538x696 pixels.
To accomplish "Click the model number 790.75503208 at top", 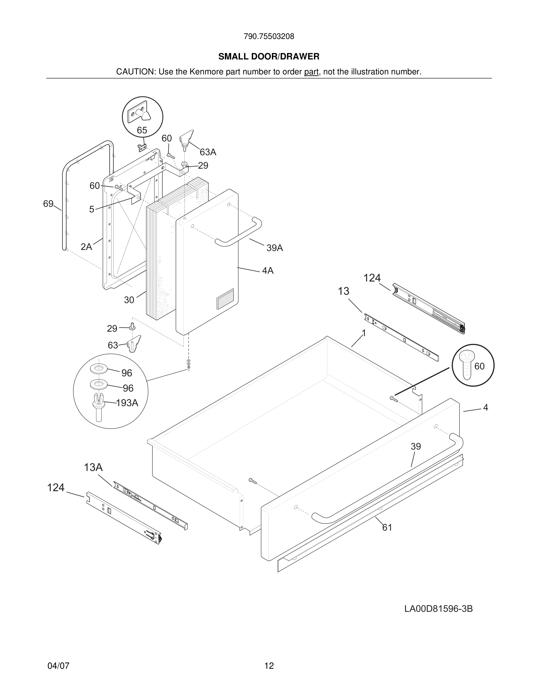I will (269, 37).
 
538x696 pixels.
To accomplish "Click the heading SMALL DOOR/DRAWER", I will (269, 57).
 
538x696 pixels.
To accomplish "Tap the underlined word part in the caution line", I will (311, 72).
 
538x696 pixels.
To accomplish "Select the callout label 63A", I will (208, 152).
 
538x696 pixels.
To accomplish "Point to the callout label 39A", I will (275, 248).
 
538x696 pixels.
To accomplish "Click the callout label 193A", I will (127, 403).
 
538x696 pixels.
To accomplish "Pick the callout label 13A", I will (93, 468).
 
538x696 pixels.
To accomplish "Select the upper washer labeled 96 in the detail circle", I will (99, 369).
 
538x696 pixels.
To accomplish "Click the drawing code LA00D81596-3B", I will (438, 609).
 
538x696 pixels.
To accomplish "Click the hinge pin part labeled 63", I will (134, 343).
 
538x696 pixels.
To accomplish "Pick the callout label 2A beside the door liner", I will (86, 247).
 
